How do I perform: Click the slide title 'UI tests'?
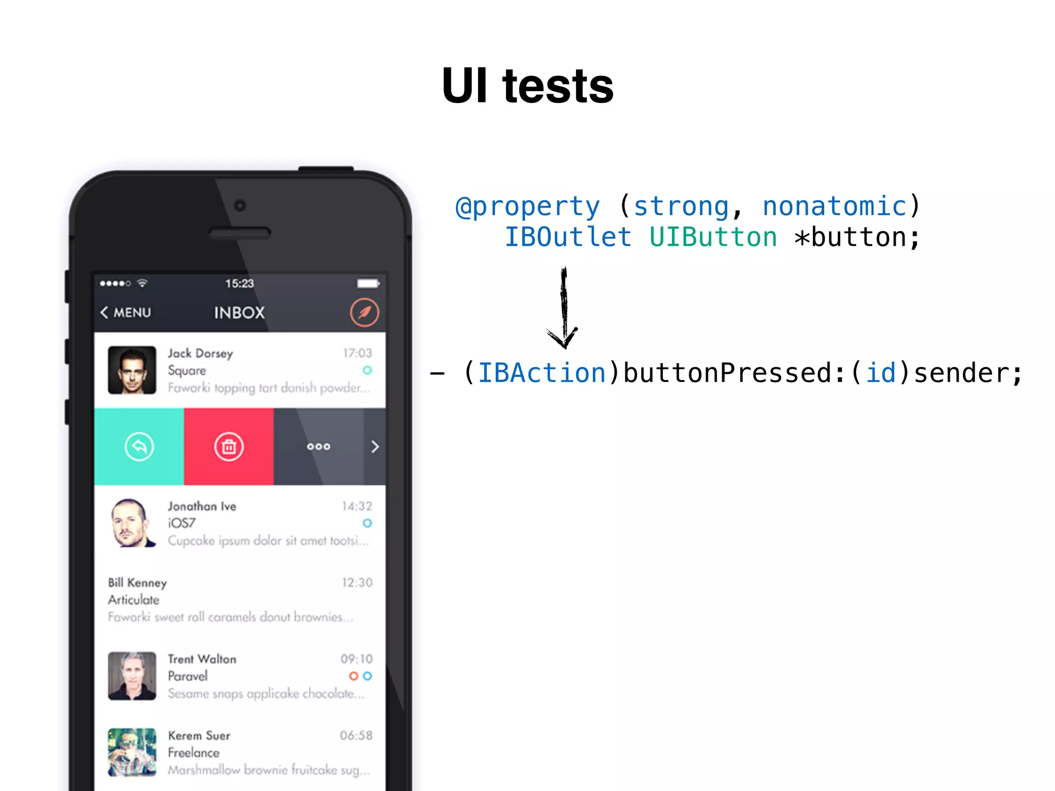click(x=527, y=86)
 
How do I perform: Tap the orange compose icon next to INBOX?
click(x=364, y=312)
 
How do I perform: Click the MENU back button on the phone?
click(x=126, y=312)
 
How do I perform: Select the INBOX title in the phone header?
click(x=240, y=312)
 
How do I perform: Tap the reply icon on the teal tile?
click(x=139, y=446)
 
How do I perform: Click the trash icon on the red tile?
click(x=229, y=446)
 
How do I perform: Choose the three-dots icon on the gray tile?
click(x=318, y=446)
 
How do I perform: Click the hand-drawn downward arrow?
click(x=564, y=309)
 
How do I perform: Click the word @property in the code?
click(x=528, y=207)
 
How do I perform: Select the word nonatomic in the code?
click(x=835, y=207)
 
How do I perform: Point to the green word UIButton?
click(x=713, y=237)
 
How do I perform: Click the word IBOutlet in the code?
click(x=568, y=237)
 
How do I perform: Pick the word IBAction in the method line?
click(x=542, y=373)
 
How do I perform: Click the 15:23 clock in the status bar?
click(x=240, y=283)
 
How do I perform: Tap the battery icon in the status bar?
click(x=368, y=283)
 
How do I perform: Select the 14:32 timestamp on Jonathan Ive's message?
click(x=356, y=506)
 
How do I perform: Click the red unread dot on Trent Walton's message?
click(x=353, y=676)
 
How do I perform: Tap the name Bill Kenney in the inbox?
click(x=138, y=582)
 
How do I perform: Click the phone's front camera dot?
click(x=240, y=205)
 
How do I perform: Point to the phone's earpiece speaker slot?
click(x=240, y=233)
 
